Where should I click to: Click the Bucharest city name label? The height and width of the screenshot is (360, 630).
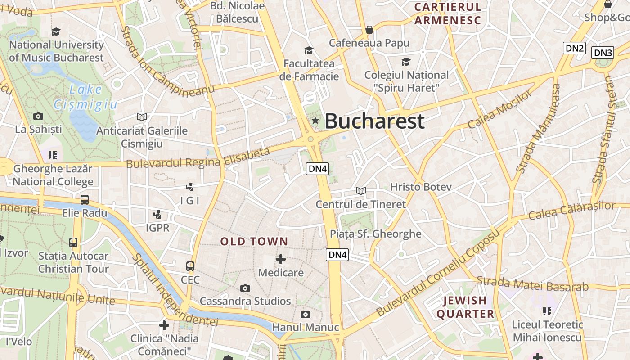[x=374, y=121]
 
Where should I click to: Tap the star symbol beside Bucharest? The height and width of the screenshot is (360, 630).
[x=315, y=121]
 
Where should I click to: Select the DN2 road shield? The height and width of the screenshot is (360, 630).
[x=575, y=48]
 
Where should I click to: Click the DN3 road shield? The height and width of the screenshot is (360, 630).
[x=603, y=53]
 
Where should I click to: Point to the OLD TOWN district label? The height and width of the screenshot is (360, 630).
[x=254, y=242]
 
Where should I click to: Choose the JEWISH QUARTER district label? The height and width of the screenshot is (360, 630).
[x=465, y=307]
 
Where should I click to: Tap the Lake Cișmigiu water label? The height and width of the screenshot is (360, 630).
[x=85, y=97]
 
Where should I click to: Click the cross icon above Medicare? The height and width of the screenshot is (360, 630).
[x=281, y=259]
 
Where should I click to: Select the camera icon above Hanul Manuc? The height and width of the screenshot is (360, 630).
[x=306, y=314]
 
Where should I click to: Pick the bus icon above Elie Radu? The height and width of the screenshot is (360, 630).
[x=85, y=200]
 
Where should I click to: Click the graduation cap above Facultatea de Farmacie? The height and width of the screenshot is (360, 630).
[x=309, y=50]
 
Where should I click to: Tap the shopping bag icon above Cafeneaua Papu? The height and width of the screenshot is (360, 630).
[x=369, y=30]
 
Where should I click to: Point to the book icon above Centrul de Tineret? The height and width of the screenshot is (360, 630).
[x=361, y=191]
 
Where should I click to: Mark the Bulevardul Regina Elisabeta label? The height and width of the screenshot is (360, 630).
[x=198, y=158]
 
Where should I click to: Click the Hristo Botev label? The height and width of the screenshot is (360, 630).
[x=421, y=187]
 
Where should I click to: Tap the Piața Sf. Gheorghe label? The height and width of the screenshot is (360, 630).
[x=376, y=234]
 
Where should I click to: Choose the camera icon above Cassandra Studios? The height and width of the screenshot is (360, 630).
[x=245, y=288]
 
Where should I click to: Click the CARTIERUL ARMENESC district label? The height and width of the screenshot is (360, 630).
[x=448, y=13]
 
